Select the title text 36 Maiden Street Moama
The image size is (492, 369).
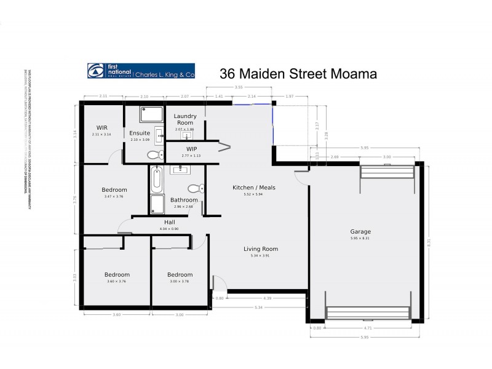click(298, 73)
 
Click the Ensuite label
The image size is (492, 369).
click(140, 133)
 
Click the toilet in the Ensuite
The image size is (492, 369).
click(156, 154)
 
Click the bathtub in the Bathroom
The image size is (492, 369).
click(156, 180)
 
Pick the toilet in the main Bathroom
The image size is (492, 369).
click(196, 188)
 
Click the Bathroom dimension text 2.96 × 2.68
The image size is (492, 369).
click(184, 207)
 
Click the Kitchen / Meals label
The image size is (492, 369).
click(253, 187)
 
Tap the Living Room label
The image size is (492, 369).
click(261, 249)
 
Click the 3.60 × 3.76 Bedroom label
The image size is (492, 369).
click(116, 281)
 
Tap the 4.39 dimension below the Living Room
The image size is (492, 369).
click(267, 298)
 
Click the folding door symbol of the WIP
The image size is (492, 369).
click(224, 147)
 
